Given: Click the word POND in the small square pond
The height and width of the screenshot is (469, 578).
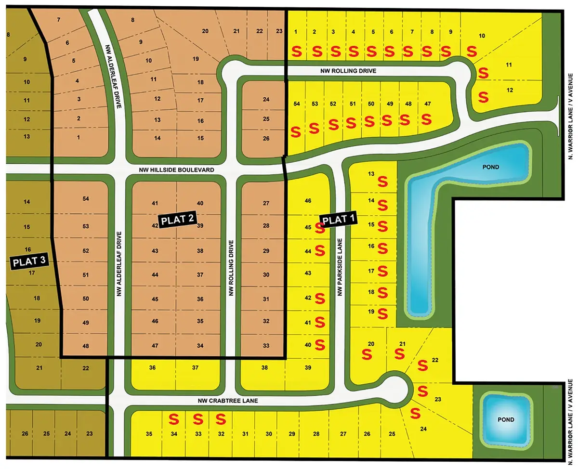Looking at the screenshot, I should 506,419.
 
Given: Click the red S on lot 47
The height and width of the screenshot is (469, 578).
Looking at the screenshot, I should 426,118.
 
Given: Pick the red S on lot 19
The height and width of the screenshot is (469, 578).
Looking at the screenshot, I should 383,313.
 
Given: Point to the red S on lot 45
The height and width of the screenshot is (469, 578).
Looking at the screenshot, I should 319,228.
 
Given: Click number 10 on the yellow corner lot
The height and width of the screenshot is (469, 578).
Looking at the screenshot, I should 482,36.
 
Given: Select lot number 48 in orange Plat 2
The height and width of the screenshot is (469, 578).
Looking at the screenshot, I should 86,346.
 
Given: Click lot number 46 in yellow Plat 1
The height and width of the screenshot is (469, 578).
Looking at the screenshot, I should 308,200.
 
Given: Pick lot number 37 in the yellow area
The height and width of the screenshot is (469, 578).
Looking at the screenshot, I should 196,368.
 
